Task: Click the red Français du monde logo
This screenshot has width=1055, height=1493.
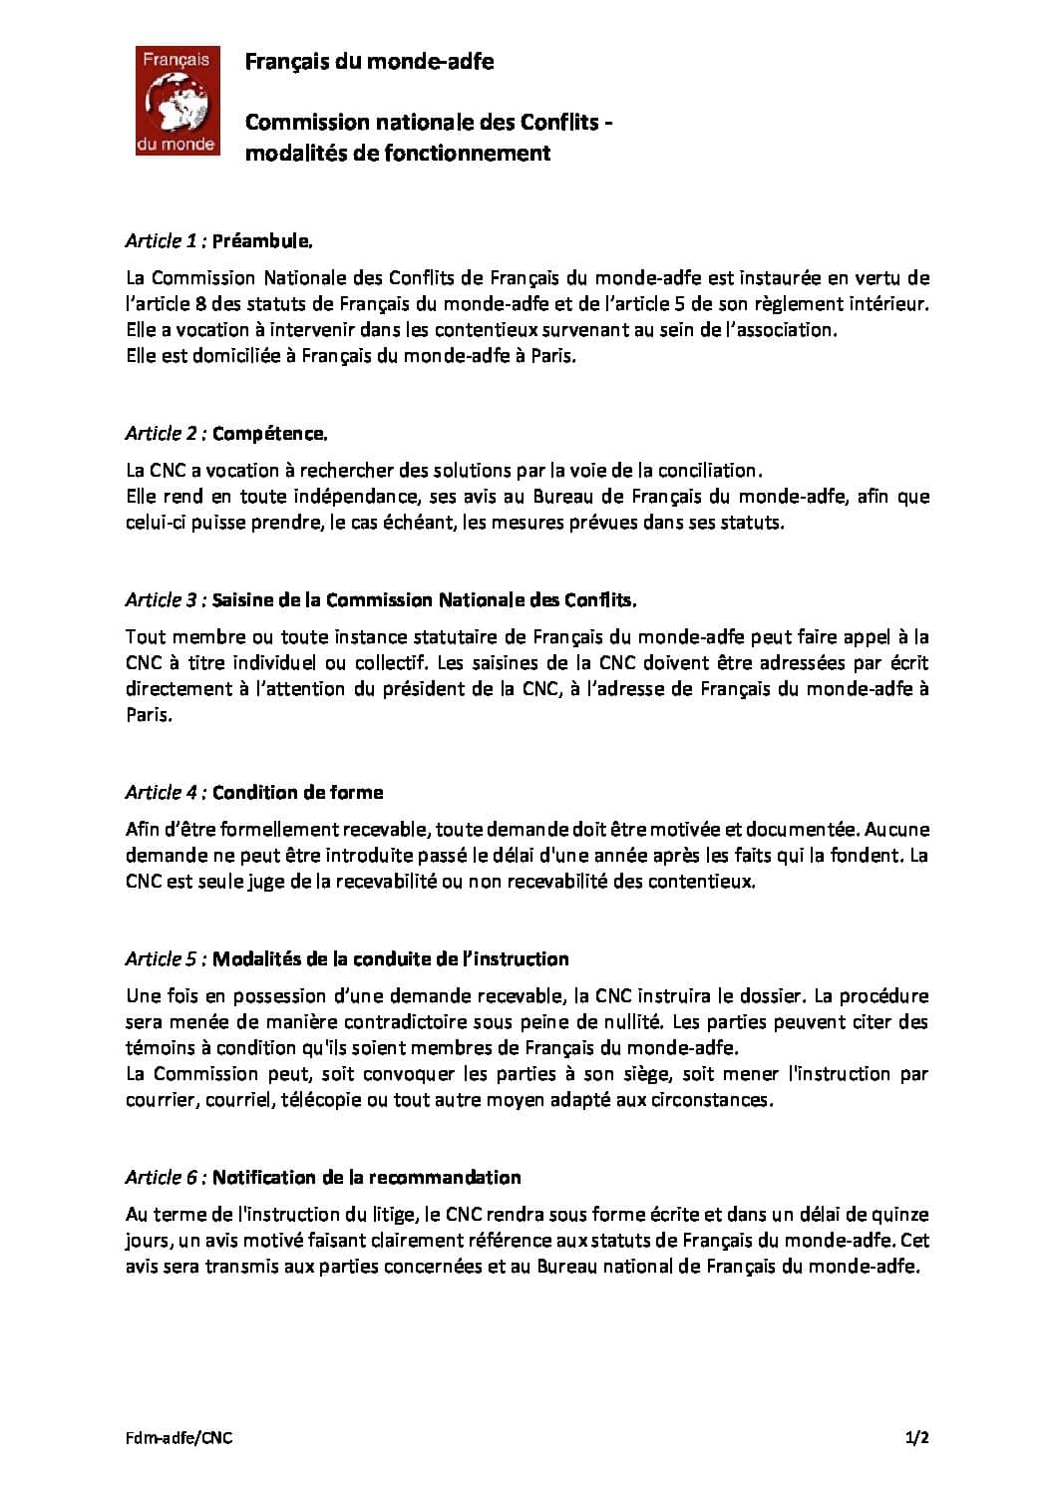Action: click(176, 101)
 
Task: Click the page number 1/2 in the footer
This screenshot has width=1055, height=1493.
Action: click(916, 1438)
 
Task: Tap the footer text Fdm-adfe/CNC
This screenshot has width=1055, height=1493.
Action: click(178, 1438)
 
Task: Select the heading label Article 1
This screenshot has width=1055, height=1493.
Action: click(161, 241)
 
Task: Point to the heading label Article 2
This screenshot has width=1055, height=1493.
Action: click(161, 434)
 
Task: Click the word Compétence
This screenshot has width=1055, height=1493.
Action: click(270, 434)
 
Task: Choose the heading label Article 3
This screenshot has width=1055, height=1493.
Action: click(161, 600)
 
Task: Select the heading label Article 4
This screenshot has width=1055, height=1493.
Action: click(161, 793)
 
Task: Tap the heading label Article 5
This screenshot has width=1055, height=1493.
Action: click(161, 959)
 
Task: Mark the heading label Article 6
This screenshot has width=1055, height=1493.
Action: click(161, 1178)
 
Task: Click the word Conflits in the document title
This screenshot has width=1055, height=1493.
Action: click(559, 123)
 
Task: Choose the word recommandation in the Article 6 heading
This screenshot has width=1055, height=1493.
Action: click(445, 1178)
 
